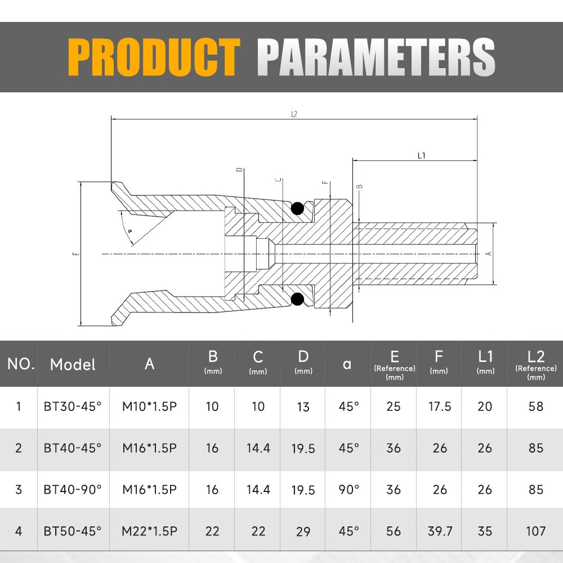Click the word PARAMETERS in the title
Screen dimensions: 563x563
376,57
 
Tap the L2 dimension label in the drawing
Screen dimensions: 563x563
294,114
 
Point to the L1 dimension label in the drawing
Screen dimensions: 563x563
421,155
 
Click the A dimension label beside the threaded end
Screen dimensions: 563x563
489,253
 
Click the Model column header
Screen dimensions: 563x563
73,364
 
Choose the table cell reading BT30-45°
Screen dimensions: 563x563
73,406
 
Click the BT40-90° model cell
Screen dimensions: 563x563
73,489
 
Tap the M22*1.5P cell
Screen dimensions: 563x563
149,531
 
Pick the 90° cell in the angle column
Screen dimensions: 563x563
348,489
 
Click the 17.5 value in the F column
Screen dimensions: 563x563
440,406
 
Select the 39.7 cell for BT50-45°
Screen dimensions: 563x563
440,531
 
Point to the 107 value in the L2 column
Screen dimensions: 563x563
536,531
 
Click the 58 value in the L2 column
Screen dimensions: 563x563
536,406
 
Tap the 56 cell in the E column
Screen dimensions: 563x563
394,531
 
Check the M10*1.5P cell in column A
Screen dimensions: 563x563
149,406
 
